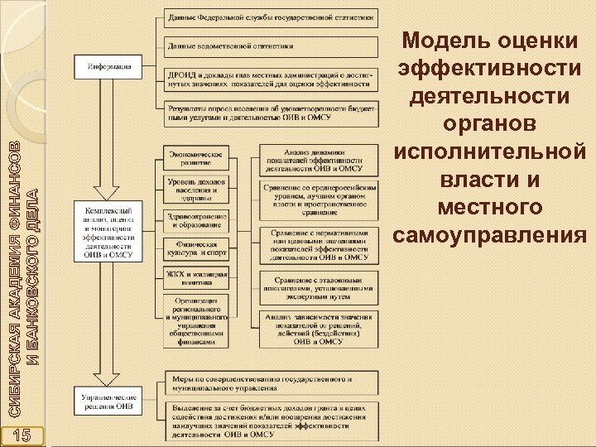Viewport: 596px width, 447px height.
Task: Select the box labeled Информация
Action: tap(108, 63)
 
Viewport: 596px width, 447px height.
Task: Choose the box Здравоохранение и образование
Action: tap(195, 219)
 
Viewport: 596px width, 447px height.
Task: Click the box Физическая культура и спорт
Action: tap(195, 249)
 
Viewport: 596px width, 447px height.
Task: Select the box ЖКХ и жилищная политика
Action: tap(195, 276)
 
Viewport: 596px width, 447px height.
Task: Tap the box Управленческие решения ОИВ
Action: tap(108, 401)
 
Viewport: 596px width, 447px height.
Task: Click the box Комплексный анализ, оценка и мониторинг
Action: tap(108, 231)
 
